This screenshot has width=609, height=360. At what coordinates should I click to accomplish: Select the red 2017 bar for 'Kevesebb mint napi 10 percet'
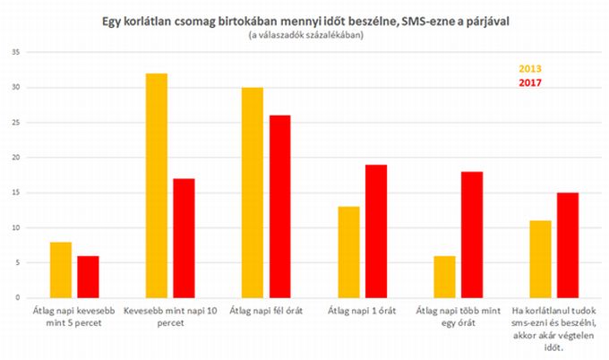click(x=184, y=238)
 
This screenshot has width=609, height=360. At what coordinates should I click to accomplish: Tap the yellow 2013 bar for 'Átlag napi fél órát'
click(x=252, y=193)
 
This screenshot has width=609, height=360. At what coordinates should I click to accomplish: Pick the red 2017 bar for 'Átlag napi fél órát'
click(x=279, y=206)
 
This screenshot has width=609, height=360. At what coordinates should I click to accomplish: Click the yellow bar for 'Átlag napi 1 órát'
click(x=348, y=252)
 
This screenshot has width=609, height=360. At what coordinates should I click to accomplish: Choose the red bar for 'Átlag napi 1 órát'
click(x=375, y=231)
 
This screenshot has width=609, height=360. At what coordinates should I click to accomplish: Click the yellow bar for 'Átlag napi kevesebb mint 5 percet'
click(x=61, y=270)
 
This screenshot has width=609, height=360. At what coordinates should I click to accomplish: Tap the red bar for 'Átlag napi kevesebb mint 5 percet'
click(x=88, y=276)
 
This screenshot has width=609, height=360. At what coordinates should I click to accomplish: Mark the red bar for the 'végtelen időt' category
click(x=568, y=244)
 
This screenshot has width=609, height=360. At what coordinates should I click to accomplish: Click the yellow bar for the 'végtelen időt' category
click(x=540, y=259)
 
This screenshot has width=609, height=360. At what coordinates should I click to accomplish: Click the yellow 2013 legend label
click(x=530, y=69)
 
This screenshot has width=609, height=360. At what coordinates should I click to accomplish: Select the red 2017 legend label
click(x=530, y=82)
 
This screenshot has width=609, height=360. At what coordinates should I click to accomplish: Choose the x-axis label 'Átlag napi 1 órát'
click(x=362, y=312)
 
